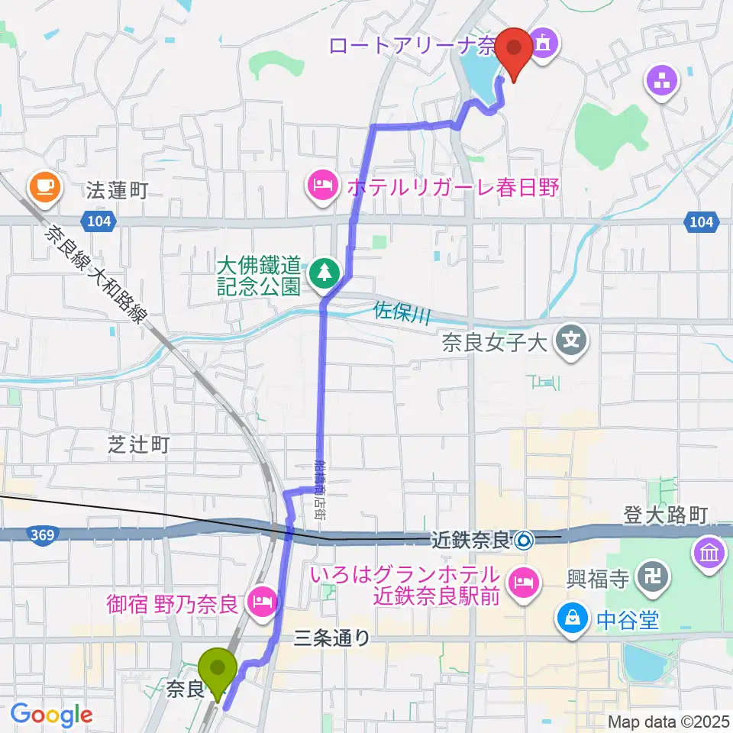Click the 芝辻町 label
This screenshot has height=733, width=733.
click(x=138, y=445)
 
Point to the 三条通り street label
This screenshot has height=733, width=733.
click(x=332, y=637)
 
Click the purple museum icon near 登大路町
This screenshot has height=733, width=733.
click(x=709, y=551)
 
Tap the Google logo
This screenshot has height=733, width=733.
click(x=51, y=715)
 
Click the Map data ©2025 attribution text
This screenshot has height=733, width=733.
click(x=667, y=722)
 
